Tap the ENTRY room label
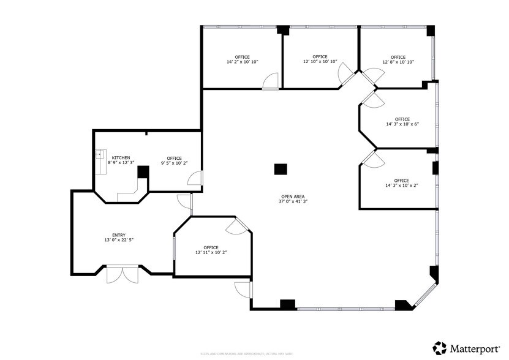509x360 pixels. [x=119, y=235]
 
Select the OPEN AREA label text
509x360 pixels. [x=293, y=197]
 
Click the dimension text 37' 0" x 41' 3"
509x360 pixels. [x=293, y=201]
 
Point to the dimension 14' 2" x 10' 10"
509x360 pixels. [x=242, y=62]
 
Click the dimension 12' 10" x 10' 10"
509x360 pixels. [x=320, y=62]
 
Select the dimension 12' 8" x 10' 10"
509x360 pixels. [x=398, y=62]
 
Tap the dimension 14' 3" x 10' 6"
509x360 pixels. [x=402, y=124]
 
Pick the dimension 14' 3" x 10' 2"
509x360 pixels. [x=401, y=186]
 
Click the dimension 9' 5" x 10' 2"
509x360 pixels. [x=174, y=163]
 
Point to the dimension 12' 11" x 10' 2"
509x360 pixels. [x=211, y=252]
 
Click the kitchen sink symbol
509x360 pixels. [x=100, y=154]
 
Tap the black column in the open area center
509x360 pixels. [x=280, y=170]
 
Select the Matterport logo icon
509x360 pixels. [x=439, y=348]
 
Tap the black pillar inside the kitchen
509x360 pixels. [x=143, y=171]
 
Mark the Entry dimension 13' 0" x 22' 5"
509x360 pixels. [x=119, y=240]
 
